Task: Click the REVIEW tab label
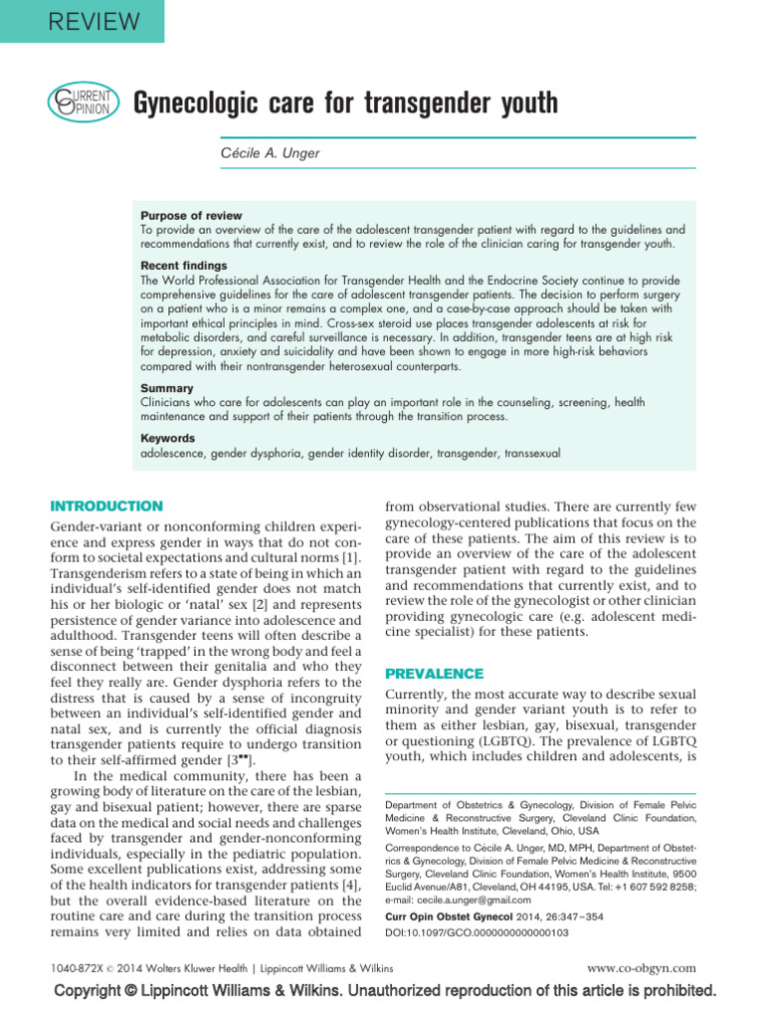(x=81, y=20)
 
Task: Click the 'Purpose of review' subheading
(x=190, y=216)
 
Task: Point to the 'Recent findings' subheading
(x=183, y=267)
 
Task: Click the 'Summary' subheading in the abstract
(x=166, y=388)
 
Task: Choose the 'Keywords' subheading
(x=167, y=438)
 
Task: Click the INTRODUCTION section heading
(x=106, y=507)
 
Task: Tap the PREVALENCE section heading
(x=434, y=674)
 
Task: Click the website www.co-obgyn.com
(x=642, y=967)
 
